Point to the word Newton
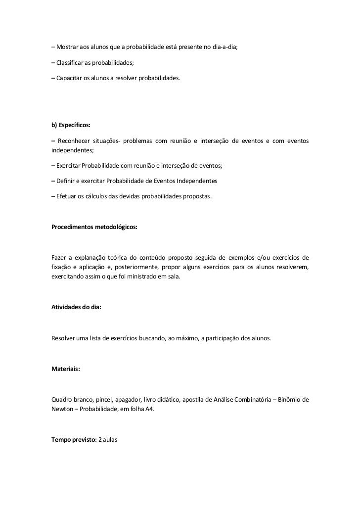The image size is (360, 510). [x=63, y=410]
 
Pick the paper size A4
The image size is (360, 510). [x=149, y=410]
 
